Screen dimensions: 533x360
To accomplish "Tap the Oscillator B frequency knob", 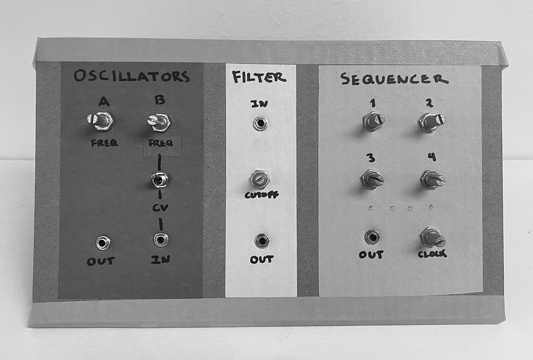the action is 159,122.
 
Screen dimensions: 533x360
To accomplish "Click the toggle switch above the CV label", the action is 159,179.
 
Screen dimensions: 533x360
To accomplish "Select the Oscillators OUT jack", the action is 103,243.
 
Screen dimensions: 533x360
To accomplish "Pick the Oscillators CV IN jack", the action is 160,239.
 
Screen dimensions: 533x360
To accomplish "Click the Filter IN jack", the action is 260,123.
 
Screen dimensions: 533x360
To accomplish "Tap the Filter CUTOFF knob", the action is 260,179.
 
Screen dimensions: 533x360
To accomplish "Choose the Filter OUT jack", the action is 262,240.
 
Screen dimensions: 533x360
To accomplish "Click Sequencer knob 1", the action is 374,121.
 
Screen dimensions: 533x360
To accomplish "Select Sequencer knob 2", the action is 432,121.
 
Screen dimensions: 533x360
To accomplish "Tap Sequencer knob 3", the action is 372,179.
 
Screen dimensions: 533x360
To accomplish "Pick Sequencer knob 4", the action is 432,179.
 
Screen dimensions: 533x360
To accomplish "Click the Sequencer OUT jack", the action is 372,237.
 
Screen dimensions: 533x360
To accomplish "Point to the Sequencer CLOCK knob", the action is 433,237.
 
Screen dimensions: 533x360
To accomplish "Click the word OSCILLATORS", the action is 131,76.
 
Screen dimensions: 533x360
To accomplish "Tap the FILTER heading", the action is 259,77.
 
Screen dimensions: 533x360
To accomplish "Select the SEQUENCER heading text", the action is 394,79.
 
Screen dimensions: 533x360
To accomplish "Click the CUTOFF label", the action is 261,195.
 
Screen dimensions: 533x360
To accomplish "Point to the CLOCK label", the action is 432,254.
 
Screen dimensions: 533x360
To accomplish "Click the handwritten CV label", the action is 160,207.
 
